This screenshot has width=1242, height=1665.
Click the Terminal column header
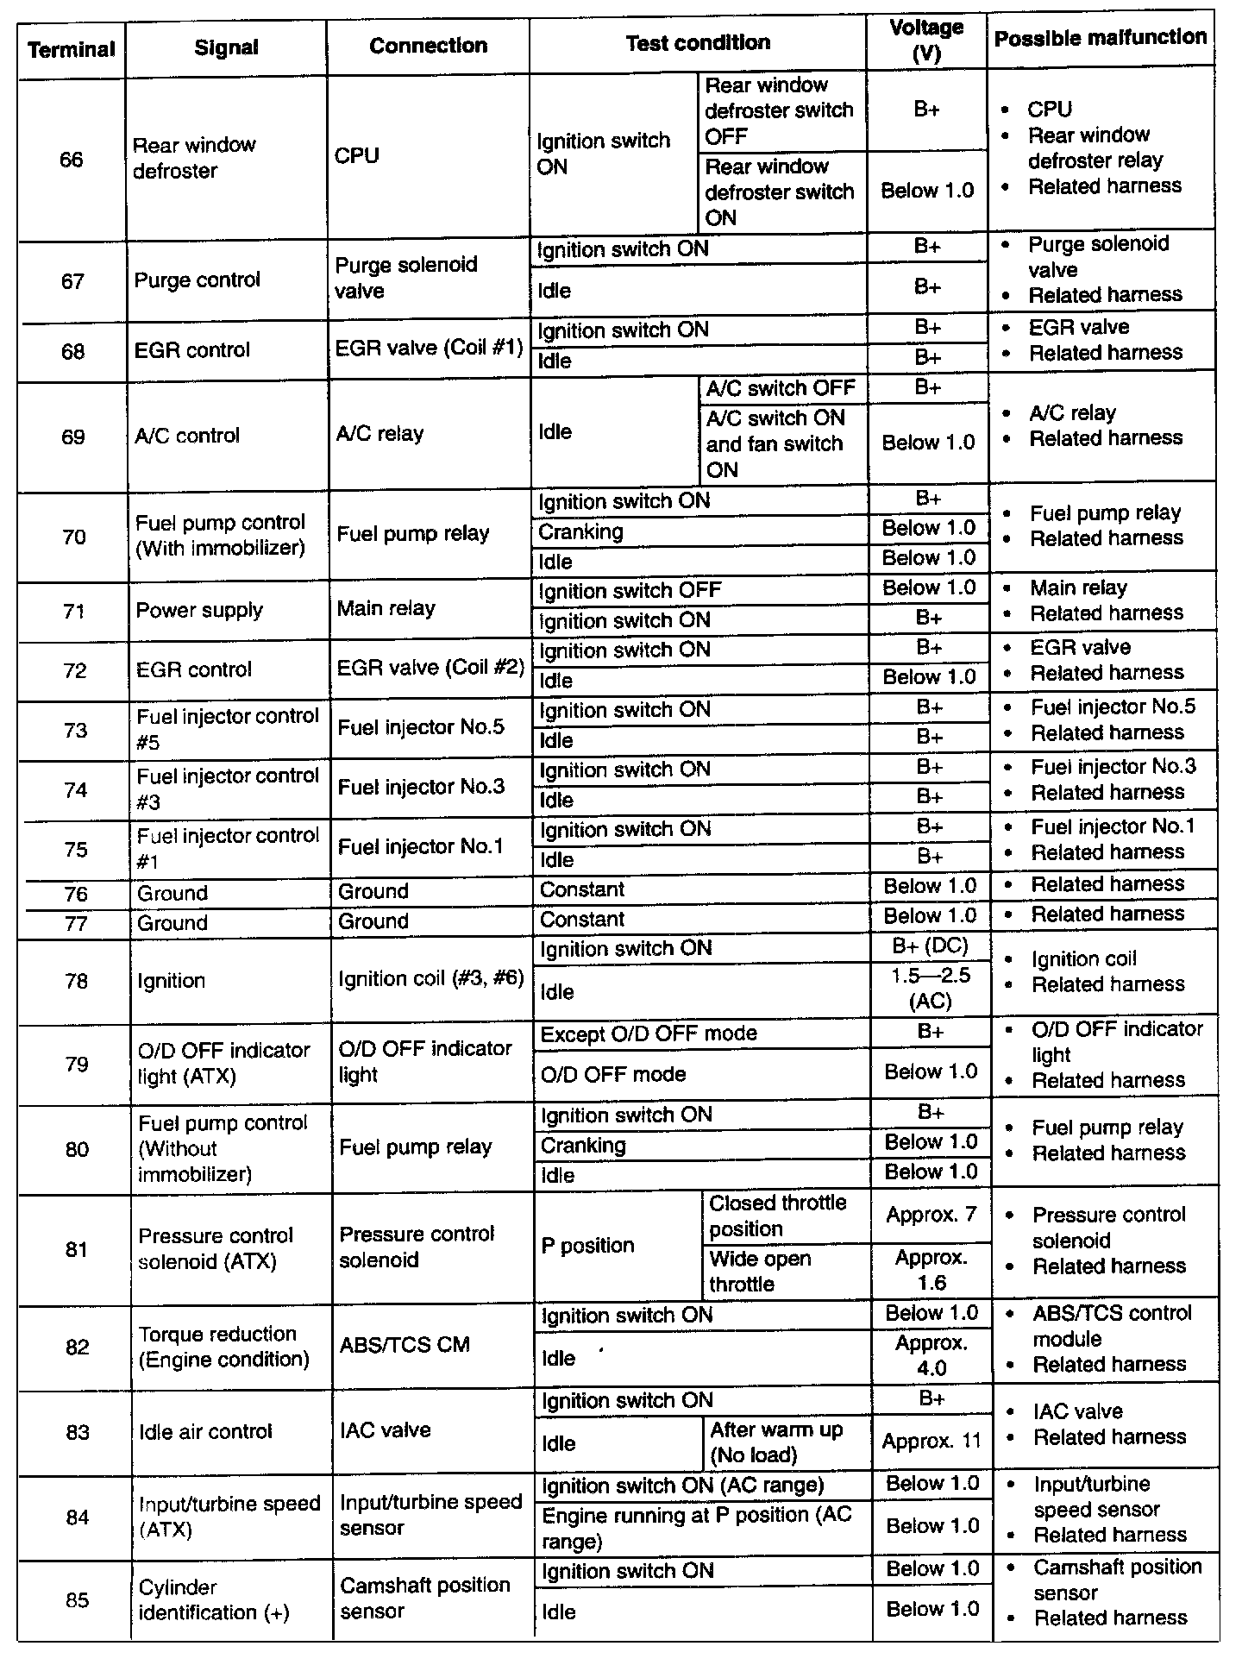pos(71,49)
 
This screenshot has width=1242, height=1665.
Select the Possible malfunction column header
pos(1100,38)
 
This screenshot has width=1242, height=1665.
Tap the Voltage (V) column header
pos(926,41)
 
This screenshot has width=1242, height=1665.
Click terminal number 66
pos(72,160)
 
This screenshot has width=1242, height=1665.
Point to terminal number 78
pos(76,981)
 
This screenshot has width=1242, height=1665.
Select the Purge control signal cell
pos(197,280)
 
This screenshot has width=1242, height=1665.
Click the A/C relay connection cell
pos(379,434)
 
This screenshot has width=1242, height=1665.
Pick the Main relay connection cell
pos(386,609)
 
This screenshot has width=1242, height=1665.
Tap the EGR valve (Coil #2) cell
pos(430,669)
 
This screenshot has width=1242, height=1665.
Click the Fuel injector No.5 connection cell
pos(421,727)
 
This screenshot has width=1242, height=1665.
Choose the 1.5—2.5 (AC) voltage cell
pos(931,988)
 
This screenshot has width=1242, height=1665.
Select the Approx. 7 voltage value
pos(931,1216)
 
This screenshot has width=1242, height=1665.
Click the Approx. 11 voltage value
pos(931,1442)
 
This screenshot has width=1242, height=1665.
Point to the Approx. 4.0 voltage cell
pos(931,1356)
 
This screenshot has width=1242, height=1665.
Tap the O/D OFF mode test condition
pos(613,1075)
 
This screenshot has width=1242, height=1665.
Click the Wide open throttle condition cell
pos(760,1272)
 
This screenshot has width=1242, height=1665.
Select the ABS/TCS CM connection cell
pos(404,1345)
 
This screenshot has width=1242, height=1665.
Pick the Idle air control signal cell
pos(205,1432)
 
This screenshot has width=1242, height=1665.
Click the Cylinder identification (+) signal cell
pos(213,1599)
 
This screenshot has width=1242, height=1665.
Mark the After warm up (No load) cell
pos(775,1442)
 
